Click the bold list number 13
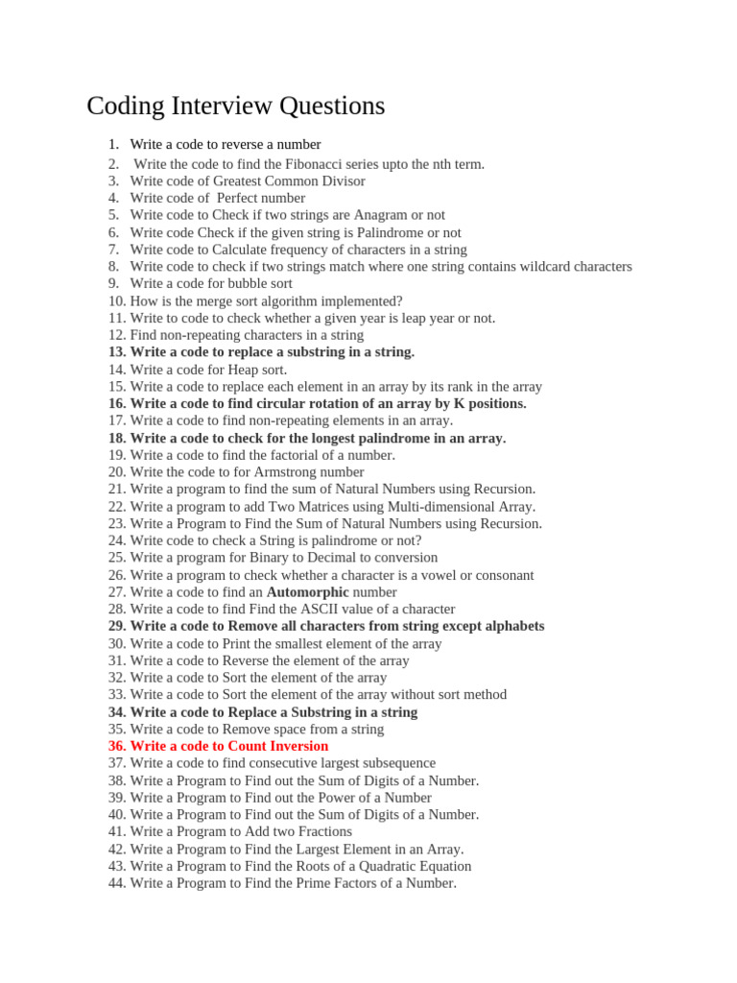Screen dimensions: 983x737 click(117, 352)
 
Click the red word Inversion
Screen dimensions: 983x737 click(297, 746)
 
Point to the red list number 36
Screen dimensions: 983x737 click(117, 746)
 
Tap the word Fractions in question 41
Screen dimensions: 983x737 click(322, 831)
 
